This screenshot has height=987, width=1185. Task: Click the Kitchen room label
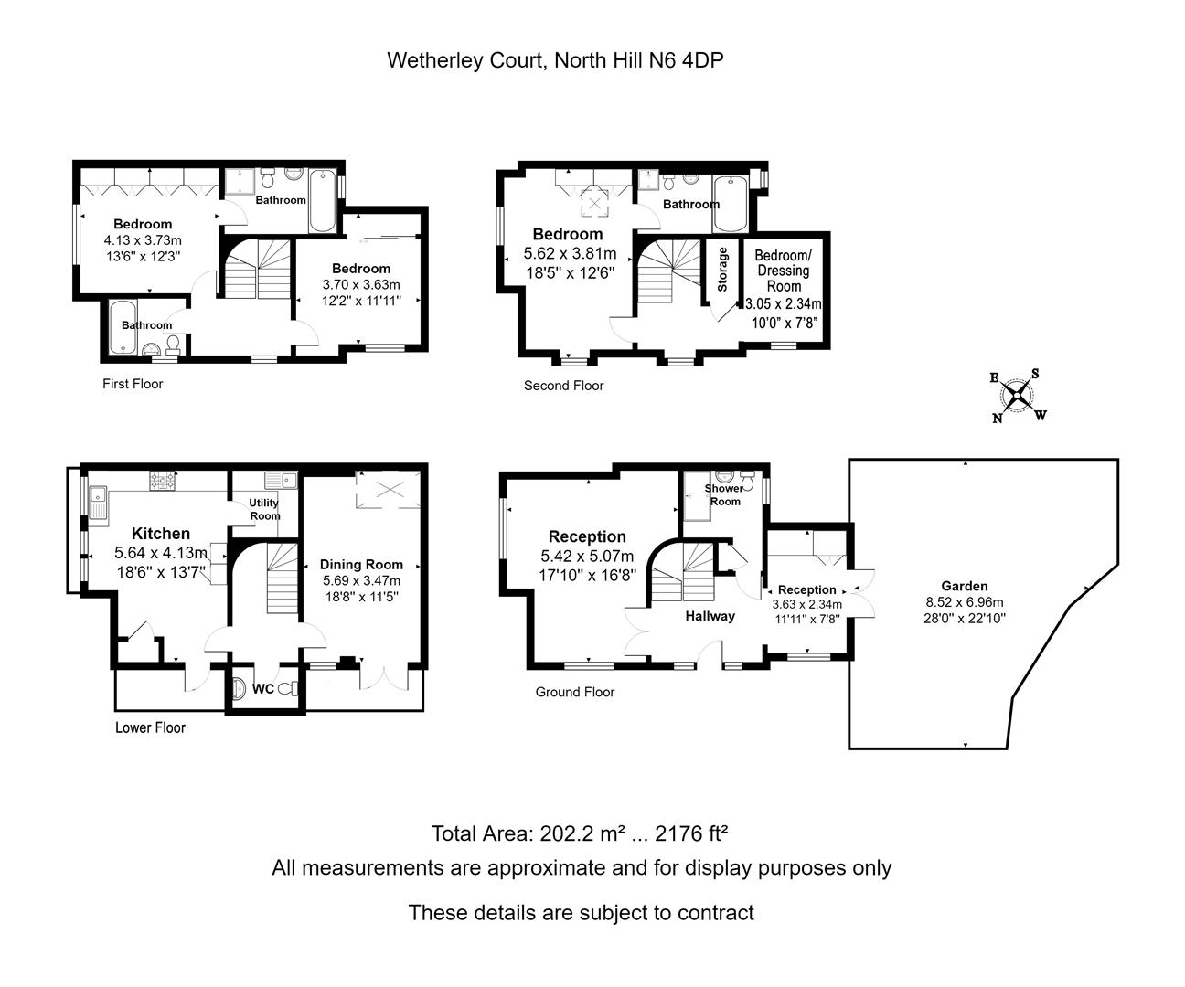point(161,533)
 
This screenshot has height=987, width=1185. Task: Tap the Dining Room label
point(361,565)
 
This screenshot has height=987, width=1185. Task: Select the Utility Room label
point(264,509)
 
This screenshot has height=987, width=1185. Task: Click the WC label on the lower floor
point(263,689)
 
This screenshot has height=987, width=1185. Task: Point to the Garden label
point(965,586)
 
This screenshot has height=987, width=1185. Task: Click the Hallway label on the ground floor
point(710,616)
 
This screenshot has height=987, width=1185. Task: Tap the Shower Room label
point(724,494)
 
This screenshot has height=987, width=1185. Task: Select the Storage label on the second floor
point(722,270)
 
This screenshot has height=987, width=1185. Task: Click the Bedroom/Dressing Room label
point(784,271)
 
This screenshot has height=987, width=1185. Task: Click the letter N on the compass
point(998,419)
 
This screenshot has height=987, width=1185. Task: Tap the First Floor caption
point(133,384)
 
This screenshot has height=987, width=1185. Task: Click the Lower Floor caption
point(150,727)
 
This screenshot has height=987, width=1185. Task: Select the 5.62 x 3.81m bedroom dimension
point(570,253)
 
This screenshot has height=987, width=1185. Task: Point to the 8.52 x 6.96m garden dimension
point(965,602)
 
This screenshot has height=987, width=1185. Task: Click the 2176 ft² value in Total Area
point(691,833)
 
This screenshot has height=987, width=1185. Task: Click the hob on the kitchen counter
point(163,481)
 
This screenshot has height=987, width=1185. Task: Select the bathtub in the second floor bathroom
point(731,204)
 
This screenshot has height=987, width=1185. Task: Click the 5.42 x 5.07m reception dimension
point(587,557)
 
